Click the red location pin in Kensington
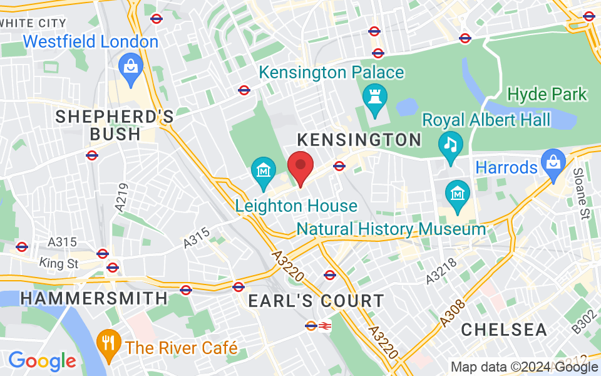pos(300,166)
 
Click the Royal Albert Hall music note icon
pos(450,145)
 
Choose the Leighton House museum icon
pos(264,171)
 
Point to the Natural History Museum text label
pos(391,229)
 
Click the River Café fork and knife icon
pos(111,343)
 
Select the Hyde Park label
pos(547,95)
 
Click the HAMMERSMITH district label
pos(94,299)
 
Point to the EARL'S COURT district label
pos(316,301)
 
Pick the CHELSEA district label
pos(504,330)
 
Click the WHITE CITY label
pos(34,23)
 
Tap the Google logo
pos(41,360)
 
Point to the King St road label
pos(58,263)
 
